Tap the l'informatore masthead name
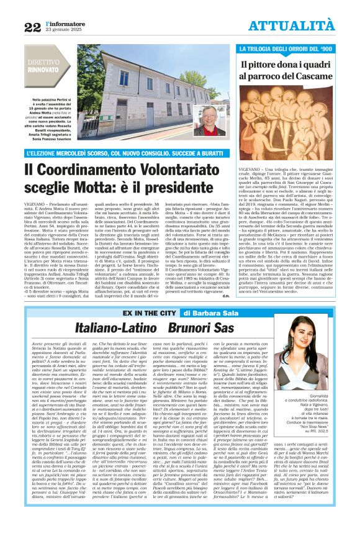click(x=63, y=22)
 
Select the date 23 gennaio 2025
click(x=63, y=30)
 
